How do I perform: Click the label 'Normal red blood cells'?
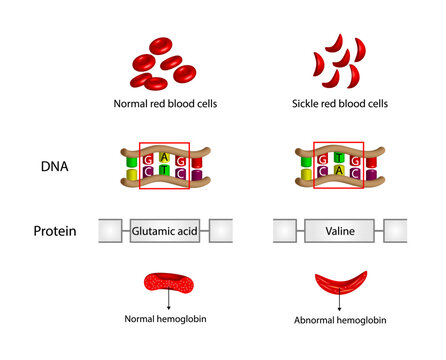[x=166, y=103]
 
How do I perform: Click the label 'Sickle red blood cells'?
[x=340, y=103]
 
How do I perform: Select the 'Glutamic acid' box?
[x=166, y=231]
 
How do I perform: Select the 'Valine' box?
[x=340, y=231]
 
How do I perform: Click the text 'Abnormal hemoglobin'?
[x=340, y=320]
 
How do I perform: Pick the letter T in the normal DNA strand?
[x=166, y=173]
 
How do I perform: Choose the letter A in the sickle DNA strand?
[x=340, y=173]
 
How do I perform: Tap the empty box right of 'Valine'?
[x=395, y=231]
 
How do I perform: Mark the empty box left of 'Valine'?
[x=285, y=231]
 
